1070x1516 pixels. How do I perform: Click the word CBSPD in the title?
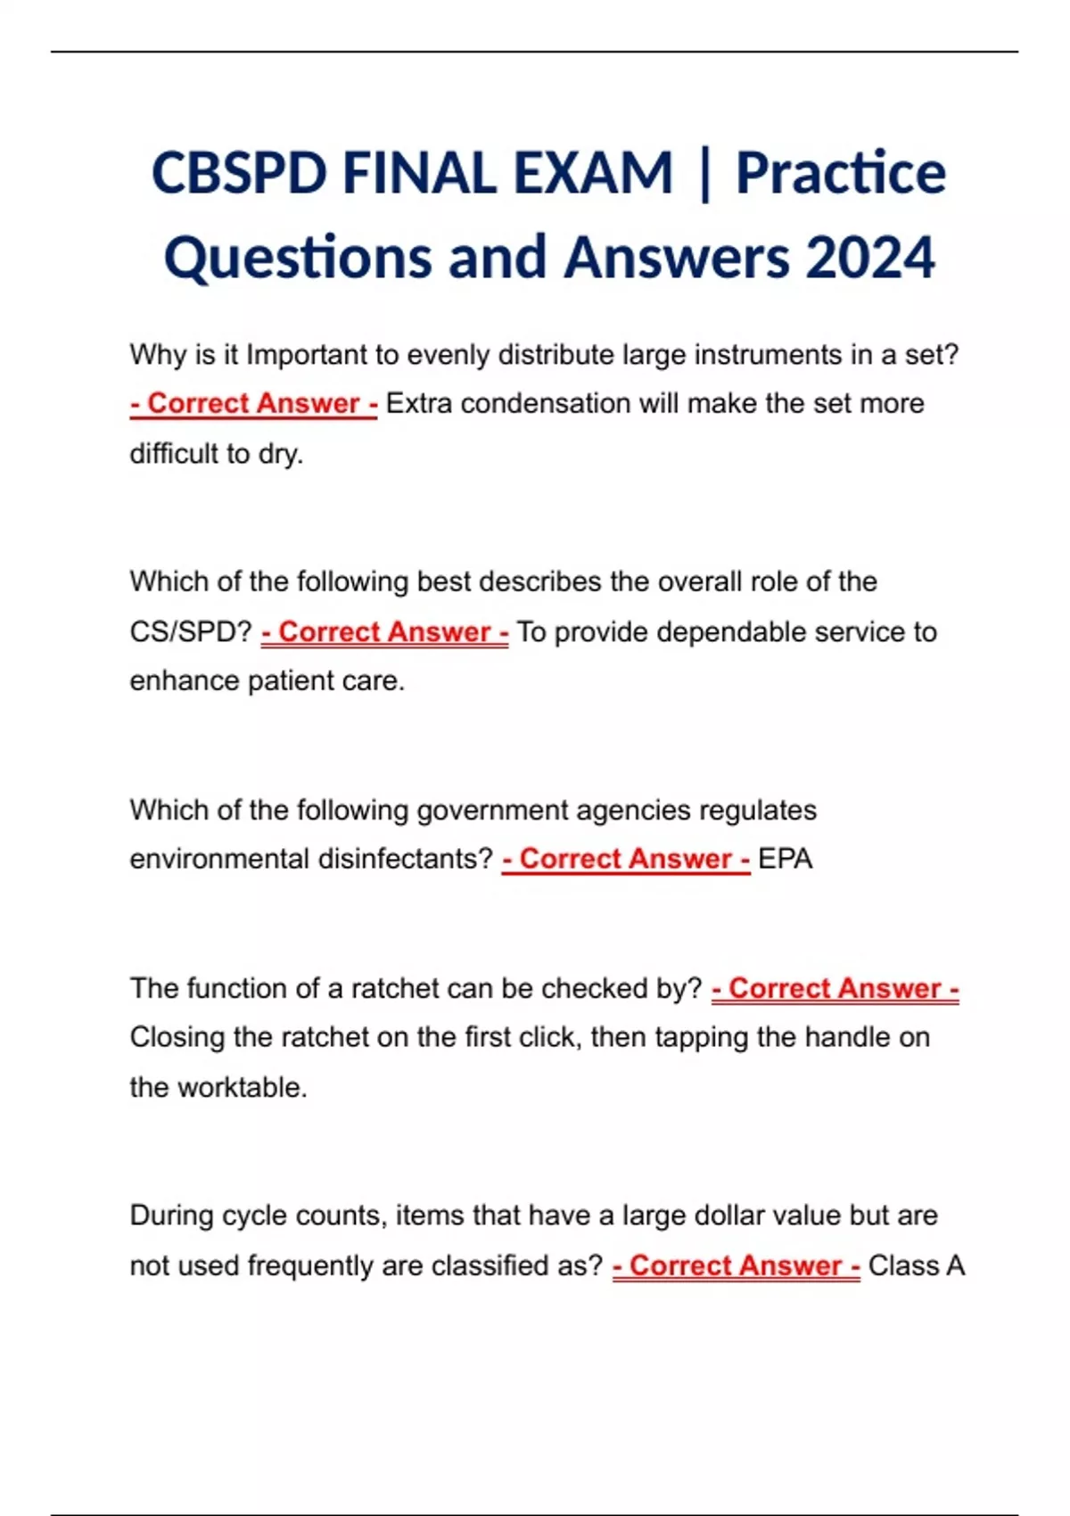239,173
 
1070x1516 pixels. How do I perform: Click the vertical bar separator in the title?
705,173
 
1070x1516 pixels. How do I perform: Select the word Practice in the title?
840,173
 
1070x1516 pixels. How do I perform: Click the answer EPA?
785,859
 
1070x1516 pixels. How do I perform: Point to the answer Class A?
917,1265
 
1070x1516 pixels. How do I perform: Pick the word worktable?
243,1087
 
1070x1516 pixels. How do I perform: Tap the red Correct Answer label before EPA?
626,859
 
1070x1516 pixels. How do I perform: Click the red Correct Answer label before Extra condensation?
254,403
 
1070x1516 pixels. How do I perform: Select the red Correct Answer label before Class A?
737,1265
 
